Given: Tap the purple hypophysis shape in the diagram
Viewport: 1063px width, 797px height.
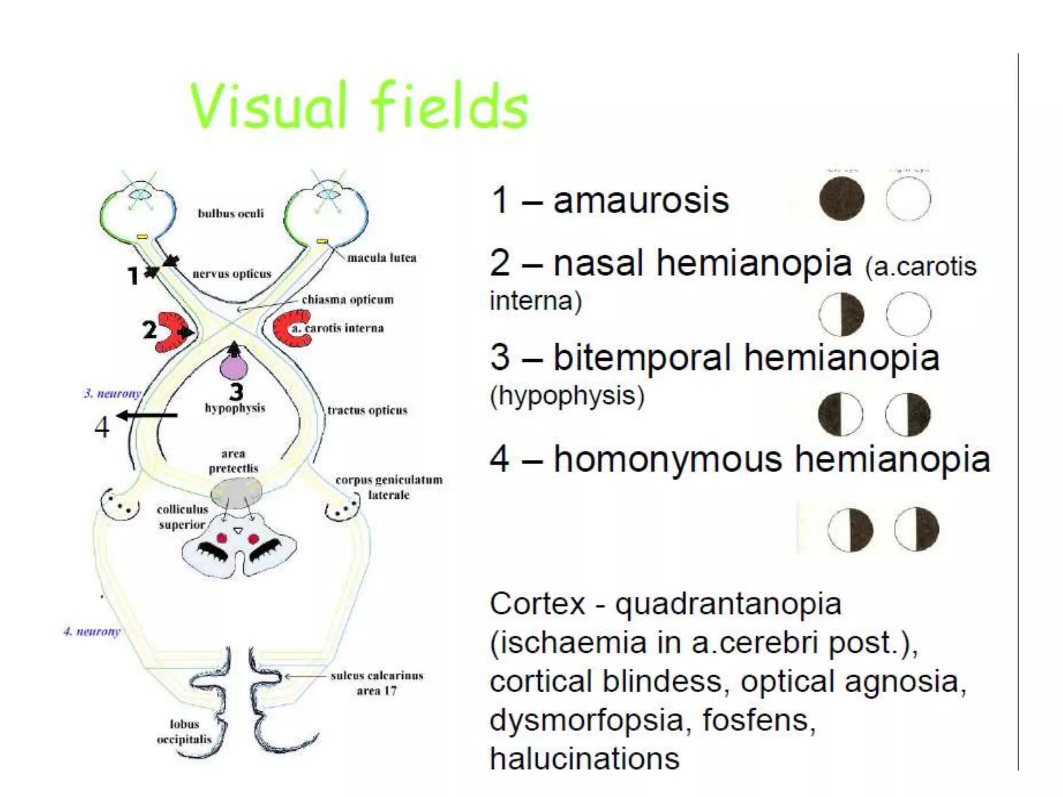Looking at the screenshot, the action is pos(234,366).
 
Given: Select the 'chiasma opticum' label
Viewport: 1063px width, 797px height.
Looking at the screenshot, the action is pos(347,299).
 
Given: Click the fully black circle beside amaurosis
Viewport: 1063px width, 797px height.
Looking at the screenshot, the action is pos(841,199).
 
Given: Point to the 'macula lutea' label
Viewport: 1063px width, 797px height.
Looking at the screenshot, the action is pos(381,257).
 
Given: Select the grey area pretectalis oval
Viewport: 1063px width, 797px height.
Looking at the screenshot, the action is pos(236,492).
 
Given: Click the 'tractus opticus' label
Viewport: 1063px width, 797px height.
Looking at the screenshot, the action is pos(367,410).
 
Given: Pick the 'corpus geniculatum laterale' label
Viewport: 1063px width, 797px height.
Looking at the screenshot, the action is pos(389,487).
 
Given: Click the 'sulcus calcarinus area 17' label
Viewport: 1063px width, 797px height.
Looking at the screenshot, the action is pos(377,683).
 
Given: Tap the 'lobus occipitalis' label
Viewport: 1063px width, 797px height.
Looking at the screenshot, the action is pos(184,731).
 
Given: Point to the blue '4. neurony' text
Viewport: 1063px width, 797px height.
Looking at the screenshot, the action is pos(92,631).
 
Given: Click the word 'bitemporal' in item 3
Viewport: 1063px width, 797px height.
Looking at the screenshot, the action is pos(643,358).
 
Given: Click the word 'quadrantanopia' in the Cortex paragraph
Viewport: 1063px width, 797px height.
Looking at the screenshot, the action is pos(728,604).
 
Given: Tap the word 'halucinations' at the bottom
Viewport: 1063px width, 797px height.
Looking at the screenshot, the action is pos(584,759).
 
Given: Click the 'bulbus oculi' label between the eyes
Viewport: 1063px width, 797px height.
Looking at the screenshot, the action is pos(230,213).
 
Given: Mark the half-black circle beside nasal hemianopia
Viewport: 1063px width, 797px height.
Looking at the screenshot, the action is pos(841,314).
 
